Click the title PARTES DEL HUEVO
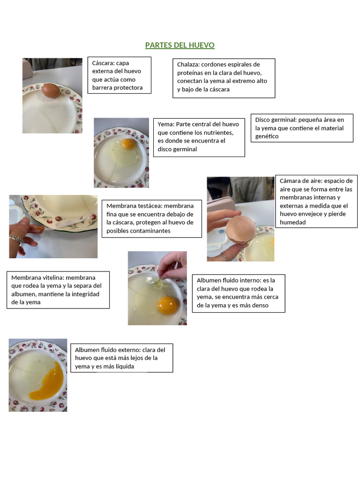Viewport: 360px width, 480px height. coord(180,45)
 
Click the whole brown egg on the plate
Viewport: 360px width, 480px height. coord(51,90)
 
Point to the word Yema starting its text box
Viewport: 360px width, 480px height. coord(165,124)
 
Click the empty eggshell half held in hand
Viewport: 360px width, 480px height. coord(240,229)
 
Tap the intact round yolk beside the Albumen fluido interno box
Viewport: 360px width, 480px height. coord(167,305)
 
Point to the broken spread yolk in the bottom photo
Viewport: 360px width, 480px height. coord(47,380)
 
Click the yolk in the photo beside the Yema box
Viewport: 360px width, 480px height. coord(127,144)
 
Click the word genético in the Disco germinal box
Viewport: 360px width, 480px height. coord(267,136)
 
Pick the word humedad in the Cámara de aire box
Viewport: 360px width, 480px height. coord(292,222)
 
